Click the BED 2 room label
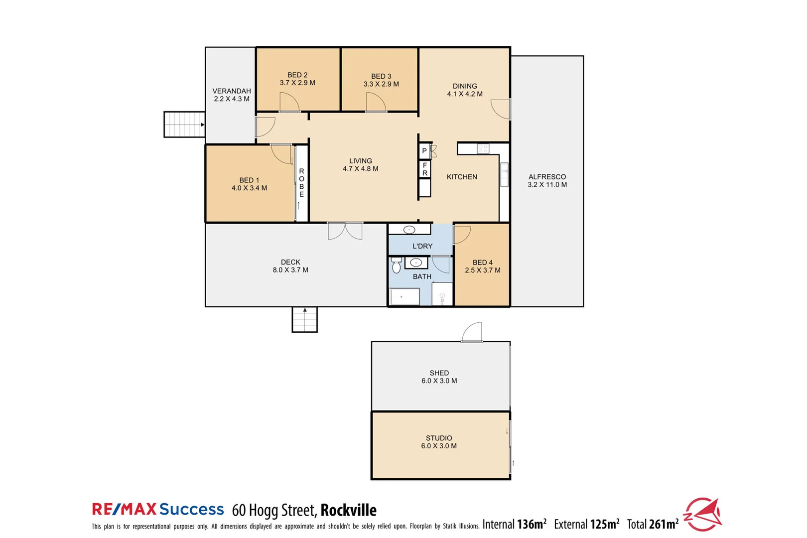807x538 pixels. click(297, 75)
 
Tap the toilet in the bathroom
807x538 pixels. click(396, 266)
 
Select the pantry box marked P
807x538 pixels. click(424, 151)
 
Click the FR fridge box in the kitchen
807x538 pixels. click(424, 169)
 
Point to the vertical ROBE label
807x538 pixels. click(301, 183)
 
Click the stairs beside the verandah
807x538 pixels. click(184, 125)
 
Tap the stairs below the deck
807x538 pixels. click(304, 320)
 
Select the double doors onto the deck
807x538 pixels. click(345, 231)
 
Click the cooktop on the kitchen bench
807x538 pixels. click(483, 148)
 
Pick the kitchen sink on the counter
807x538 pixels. click(504, 174)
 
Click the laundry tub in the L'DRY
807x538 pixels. click(409, 230)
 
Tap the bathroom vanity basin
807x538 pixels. click(416, 263)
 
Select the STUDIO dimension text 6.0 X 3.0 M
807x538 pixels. click(439, 446)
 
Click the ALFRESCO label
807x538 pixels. click(547, 177)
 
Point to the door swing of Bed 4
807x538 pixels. click(462, 235)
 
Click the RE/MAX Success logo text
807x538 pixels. click(158, 509)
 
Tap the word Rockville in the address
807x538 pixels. click(348, 510)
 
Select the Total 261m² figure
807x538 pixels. click(653, 524)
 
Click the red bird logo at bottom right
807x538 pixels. click(703, 515)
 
